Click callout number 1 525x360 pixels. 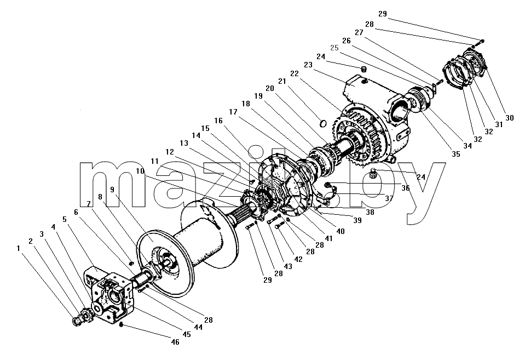(19, 248)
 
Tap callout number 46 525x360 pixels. (175, 341)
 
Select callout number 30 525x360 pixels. (509, 118)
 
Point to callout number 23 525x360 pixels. (308, 65)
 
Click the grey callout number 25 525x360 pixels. (334, 48)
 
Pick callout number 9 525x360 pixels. (112, 190)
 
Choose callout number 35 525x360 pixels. (455, 154)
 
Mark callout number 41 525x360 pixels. (328, 238)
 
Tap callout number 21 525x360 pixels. (282, 81)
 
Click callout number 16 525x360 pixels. (218, 121)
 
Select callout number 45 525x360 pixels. (187, 334)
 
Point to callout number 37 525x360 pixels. (389, 198)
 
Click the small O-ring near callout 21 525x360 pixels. (323, 124)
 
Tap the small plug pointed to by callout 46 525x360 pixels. (122, 324)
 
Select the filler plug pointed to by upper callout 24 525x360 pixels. (364, 70)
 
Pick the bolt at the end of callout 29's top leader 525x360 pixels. (481, 41)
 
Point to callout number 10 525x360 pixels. (140, 171)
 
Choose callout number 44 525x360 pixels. (198, 327)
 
